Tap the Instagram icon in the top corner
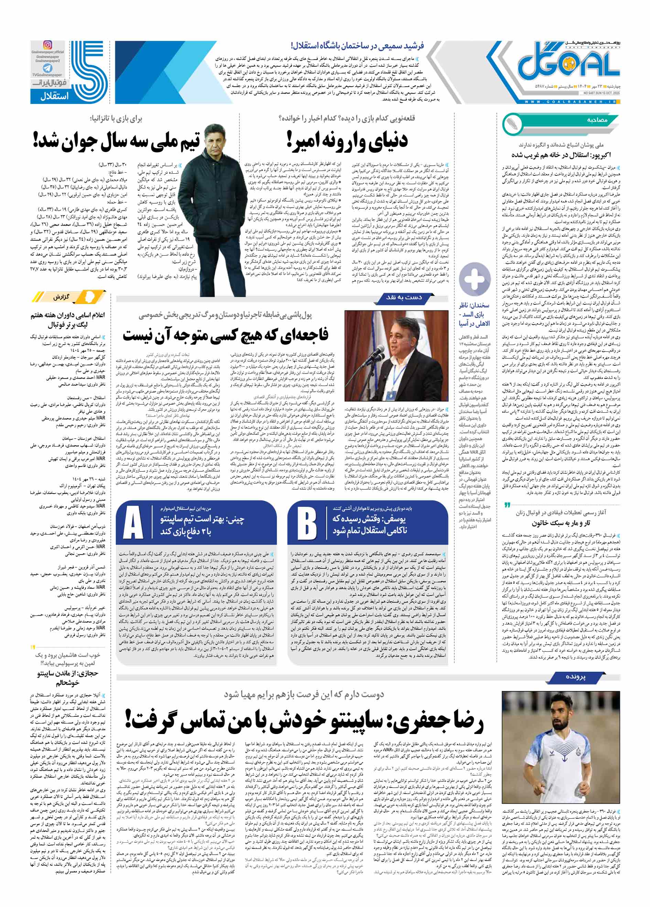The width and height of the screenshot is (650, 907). point(47,45)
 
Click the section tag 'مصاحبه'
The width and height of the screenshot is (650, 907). point(597,120)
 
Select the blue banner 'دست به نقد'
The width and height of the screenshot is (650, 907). point(404,297)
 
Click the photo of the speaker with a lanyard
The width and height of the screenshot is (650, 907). point(396,356)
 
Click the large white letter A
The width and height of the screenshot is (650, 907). point(133,522)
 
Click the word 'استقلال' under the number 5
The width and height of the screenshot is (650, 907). point(54,96)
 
